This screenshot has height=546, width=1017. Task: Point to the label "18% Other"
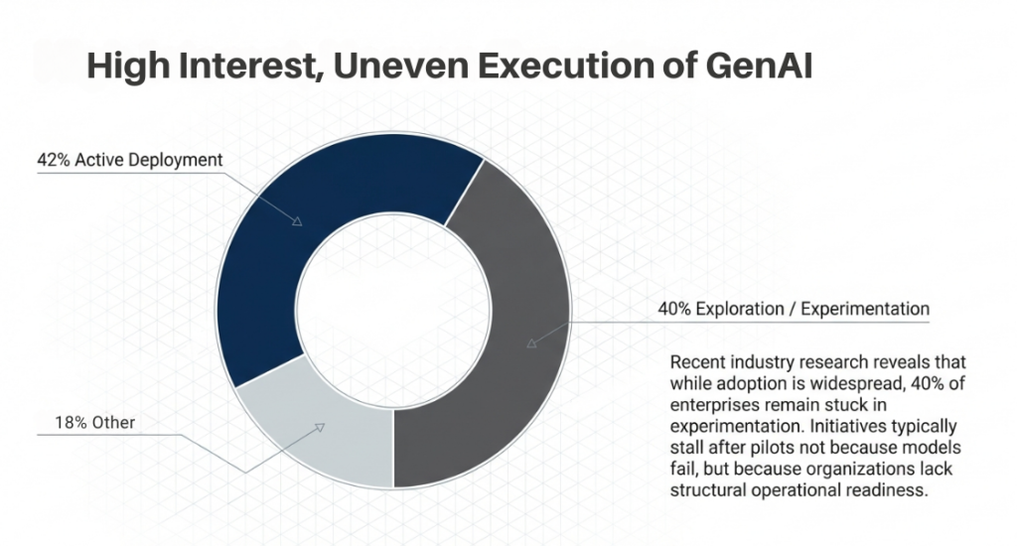point(84,423)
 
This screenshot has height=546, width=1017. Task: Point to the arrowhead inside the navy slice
point(297,221)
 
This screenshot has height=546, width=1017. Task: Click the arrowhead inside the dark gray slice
point(532,342)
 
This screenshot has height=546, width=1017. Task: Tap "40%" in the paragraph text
point(910,380)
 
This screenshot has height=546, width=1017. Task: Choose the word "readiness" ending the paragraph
point(892,488)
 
